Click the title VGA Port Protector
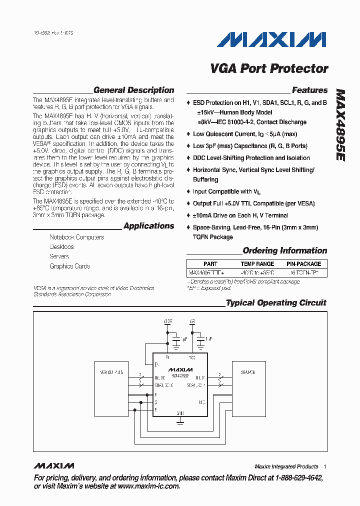tap(269, 68)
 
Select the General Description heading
tap(133, 90)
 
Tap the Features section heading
tap(309, 90)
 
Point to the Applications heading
tap(148, 226)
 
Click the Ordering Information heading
tap(284, 251)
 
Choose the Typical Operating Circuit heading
tap(275, 303)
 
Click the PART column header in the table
tap(210, 264)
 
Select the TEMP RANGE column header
tap(257, 264)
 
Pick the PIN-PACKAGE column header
tap(303, 264)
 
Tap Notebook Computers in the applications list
tap(76, 237)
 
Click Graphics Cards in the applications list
tap(69, 266)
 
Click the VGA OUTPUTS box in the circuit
tap(111, 372)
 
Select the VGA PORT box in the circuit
tap(249, 372)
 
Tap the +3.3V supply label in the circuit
tap(167, 320)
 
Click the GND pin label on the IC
tap(180, 413)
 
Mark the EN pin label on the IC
tap(156, 364)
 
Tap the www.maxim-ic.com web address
tap(148, 486)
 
